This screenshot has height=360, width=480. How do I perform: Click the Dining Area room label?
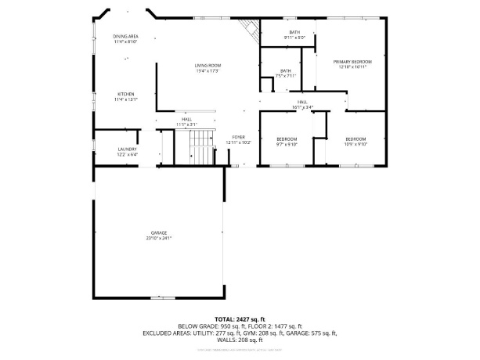coord(125,36)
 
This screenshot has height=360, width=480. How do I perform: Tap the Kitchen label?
coord(125,94)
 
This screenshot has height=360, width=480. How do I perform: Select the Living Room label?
coord(208,65)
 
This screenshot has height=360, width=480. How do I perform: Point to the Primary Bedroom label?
coord(352,61)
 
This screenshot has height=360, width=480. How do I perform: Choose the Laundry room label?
coord(127,149)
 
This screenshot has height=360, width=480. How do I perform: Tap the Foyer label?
coord(238,137)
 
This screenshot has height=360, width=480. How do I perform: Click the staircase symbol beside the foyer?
coord(202,146)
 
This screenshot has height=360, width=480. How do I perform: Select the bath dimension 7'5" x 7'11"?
coord(286,76)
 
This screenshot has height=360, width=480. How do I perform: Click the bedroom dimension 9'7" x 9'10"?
coord(287,144)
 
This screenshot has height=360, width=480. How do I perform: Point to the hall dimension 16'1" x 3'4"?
coord(301,107)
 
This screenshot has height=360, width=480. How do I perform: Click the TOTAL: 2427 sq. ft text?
coord(240,319)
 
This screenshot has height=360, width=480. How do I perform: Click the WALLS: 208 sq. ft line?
coord(240,340)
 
